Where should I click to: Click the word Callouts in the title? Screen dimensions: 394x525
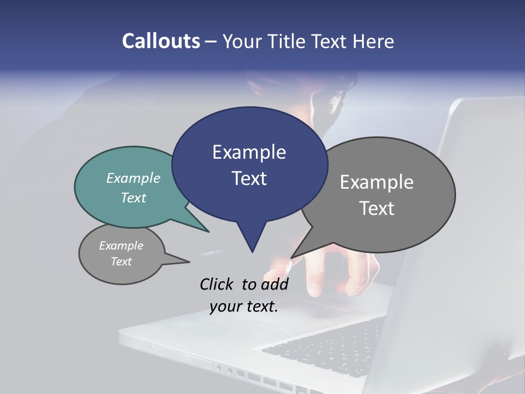click(x=161, y=41)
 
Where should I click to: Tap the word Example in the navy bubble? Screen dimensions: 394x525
click(x=249, y=152)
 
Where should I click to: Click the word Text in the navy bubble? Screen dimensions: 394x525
click(x=249, y=178)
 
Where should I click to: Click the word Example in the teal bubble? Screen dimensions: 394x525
click(x=133, y=178)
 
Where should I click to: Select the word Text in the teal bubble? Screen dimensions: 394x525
click(x=133, y=198)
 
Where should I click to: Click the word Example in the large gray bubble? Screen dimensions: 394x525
click(x=377, y=182)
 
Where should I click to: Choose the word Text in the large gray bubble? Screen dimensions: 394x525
click(x=377, y=208)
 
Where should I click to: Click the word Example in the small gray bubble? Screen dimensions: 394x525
click(x=121, y=246)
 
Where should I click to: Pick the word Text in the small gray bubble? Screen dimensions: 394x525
click(x=121, y=262)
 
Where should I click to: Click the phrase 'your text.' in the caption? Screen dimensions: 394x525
click(x=244, y=306)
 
